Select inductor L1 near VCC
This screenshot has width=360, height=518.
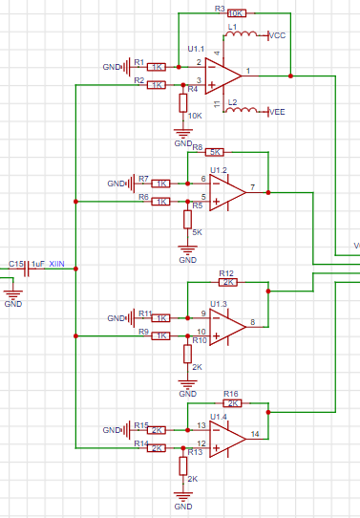pos(244,35)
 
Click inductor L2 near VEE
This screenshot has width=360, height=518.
pos(244,110)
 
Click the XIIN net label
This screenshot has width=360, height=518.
pos(56,264)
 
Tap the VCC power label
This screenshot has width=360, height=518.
pos(278,35)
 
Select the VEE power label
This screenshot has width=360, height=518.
pos(277,111)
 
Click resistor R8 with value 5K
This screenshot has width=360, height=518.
pos(215,152)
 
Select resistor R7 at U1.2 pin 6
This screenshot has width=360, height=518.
pos(161,183)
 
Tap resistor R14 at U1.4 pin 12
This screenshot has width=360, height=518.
pos(158,447)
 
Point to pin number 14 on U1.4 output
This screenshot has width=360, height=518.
pos(255,434)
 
